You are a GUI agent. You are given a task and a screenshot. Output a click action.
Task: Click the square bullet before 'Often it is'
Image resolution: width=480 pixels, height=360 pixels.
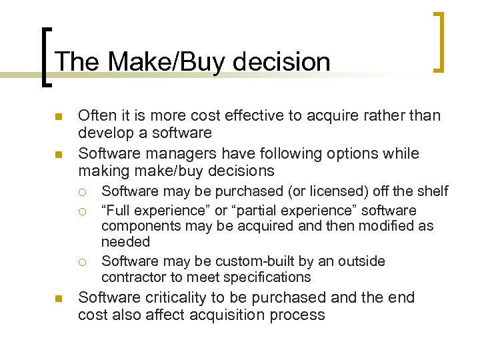(58, 117)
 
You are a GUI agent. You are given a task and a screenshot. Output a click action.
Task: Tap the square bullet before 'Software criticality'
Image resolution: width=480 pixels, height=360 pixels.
(58, 299)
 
